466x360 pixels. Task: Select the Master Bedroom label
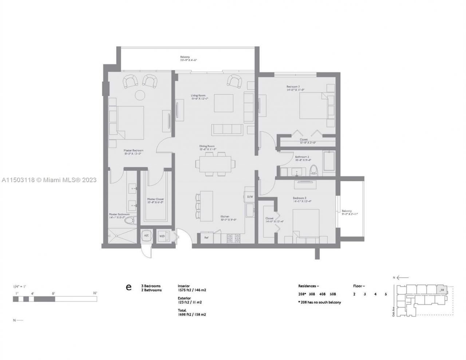133,150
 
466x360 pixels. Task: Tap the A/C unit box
146,236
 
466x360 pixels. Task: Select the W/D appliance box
162,236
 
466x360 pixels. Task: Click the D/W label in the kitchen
250,197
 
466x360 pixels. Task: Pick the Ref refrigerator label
206,238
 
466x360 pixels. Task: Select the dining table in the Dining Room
215,164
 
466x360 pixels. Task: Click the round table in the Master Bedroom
140,95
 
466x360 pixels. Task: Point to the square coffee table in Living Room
223,103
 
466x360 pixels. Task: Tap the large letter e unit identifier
128,287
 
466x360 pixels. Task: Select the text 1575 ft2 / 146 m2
192,290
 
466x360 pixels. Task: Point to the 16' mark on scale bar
95,293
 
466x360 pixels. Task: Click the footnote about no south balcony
319,302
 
